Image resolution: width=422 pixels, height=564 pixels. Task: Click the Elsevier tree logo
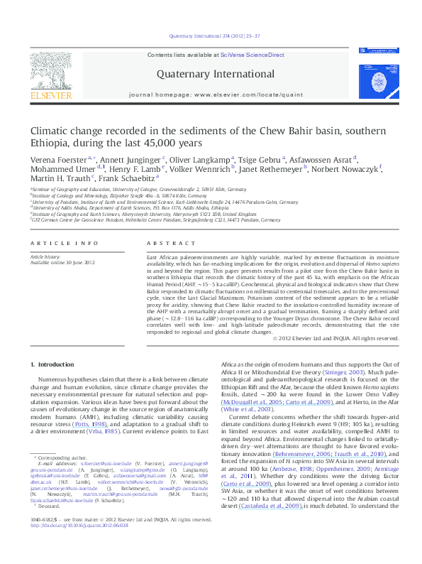click(x=50, y=71)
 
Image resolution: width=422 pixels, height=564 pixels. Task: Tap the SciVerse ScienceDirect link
click(x=252, y=55)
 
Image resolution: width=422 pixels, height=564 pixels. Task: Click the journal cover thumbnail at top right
click(x=375, y=75)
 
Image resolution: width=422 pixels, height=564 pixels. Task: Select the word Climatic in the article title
click(x=50, y=132)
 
